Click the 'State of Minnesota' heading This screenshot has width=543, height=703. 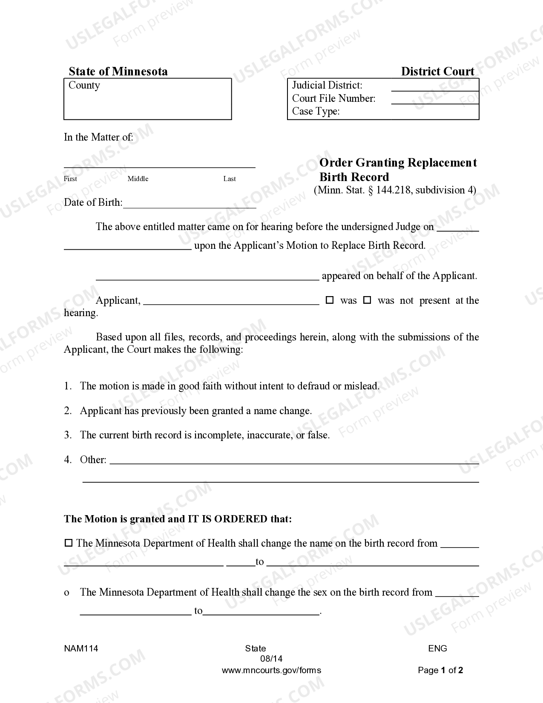coord(118,71)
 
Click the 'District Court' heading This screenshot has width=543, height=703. coord(437,71)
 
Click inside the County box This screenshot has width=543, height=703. coord(147,102)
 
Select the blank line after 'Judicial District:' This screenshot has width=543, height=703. coord(434,90)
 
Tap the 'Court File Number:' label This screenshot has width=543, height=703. coord(333,98)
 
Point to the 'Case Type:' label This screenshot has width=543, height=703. coord(316,111)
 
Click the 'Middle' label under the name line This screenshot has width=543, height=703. coord(138,179)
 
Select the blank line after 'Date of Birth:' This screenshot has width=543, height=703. coord(189,207)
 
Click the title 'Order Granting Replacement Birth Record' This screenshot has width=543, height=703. coord(398,170)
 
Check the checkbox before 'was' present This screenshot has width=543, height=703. coord(330,300)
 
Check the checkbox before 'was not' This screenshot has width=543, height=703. coord(367,300)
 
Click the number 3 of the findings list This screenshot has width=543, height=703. coord(67,435)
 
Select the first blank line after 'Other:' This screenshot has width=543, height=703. coord(294,462)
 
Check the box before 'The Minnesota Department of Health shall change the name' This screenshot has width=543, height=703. coord(68,543)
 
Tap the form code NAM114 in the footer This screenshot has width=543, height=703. coord(81,648)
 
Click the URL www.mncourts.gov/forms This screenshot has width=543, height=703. coord(271,670)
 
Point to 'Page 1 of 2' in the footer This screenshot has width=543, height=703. coord(440,670)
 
